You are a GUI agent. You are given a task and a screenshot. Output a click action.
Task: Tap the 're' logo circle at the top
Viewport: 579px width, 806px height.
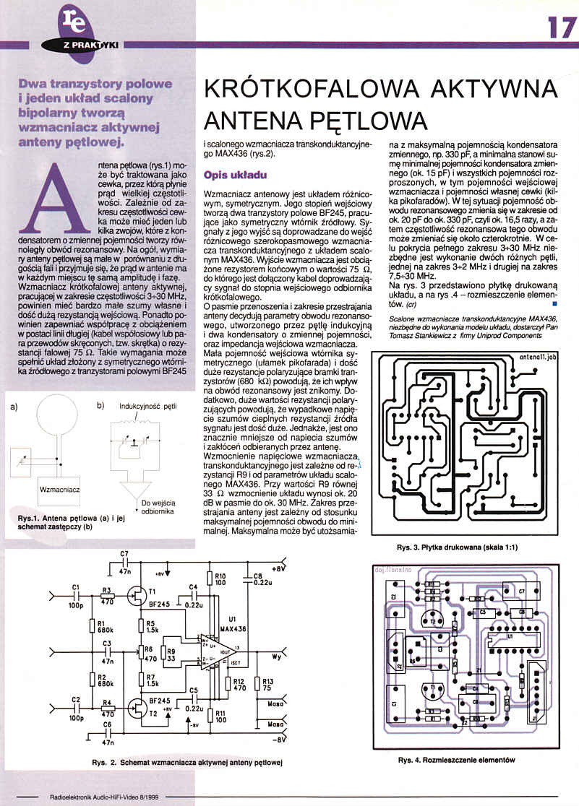pyautogui.click(x=77, y=22)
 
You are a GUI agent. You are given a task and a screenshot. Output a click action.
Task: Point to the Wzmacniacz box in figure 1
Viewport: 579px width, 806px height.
pyautogui.click(x=60, y=489)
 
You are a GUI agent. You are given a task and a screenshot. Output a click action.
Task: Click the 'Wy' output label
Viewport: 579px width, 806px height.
pyautogui.click(x=278, y=656)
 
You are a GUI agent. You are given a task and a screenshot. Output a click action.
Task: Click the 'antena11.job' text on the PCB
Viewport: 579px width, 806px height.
pyautogui.click(x=538, y=357)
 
